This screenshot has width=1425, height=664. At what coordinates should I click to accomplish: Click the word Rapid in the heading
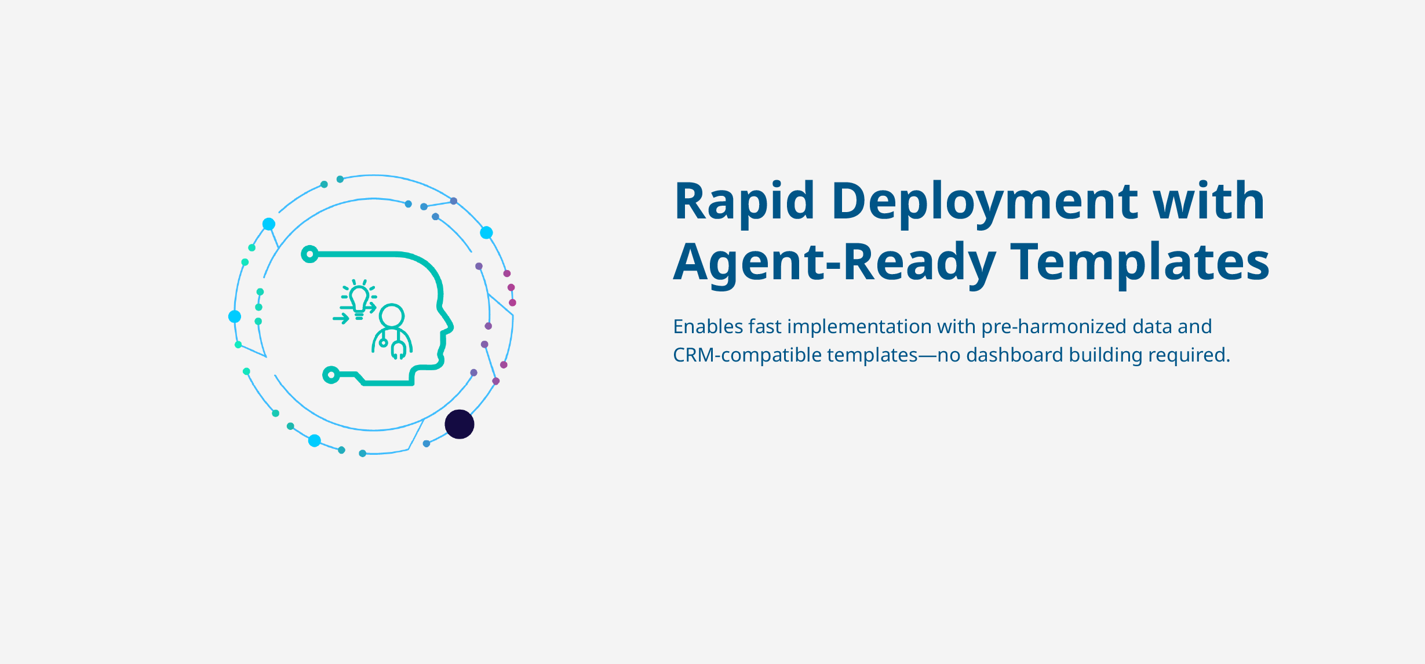(x=744, y=202)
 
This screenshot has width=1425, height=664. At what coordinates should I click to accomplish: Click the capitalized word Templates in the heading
(x=1140, y=262)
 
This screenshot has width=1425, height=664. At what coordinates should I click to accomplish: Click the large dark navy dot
(x=460, y=424)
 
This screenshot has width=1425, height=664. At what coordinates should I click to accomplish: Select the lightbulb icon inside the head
(x=359, y=299)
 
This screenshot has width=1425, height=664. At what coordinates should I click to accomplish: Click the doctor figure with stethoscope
(x=392, y=331)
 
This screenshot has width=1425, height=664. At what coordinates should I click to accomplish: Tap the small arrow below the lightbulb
(x=341, y=318)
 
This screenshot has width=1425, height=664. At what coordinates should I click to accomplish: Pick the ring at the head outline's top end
(x=310, y=254)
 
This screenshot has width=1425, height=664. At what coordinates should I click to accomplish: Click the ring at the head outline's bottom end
(x=331, y=375)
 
